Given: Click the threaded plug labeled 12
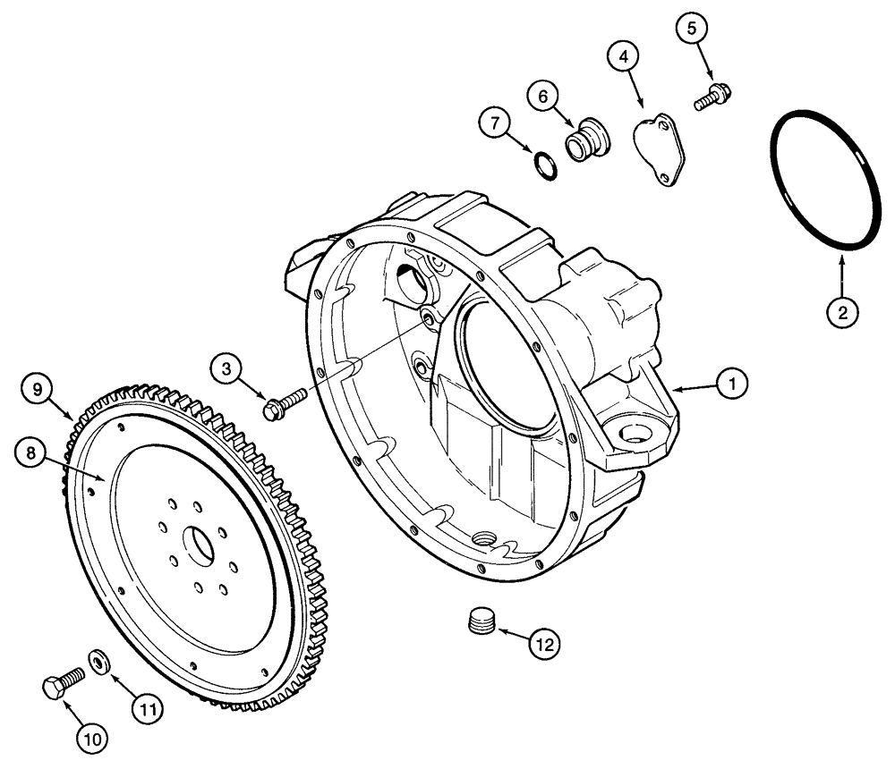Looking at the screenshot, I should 483,621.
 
